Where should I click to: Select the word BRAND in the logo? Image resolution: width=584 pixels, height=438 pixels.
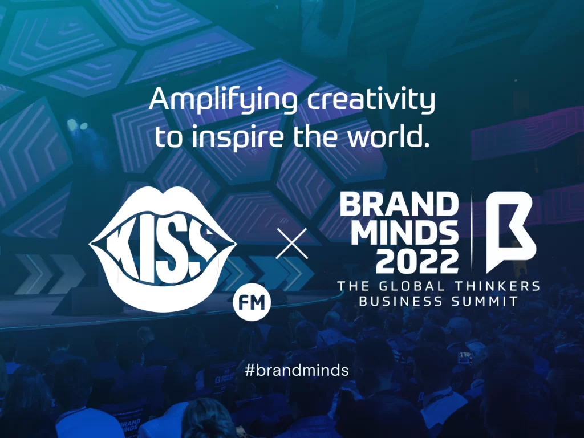click(399, 204)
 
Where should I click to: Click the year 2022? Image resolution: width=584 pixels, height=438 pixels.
click(417, 261)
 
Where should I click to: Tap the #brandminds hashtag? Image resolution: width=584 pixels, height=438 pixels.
click(296, 370)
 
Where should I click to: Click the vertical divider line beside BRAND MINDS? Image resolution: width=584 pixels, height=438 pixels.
click(472, 231)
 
